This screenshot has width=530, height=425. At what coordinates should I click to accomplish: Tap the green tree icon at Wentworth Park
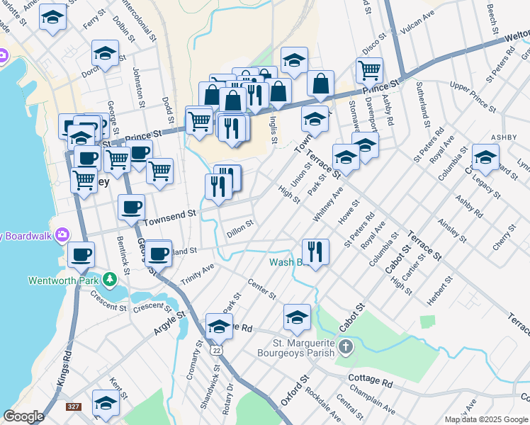(x=110, y=279)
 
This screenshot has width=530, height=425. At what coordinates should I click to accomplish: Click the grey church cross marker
(x=345, y=346)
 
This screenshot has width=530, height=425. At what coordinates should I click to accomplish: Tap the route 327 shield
(x=73, y=407)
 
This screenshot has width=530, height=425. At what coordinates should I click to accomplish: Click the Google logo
(x=23, y=416)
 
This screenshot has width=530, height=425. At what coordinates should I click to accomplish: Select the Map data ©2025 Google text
(x=485, y=419)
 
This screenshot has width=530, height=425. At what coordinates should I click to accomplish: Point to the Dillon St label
(x=240, y=228)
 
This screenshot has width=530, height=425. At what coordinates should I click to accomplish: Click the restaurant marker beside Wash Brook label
(x=315, y=251)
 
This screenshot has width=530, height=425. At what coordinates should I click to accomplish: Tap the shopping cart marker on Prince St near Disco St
(x=369, y=69)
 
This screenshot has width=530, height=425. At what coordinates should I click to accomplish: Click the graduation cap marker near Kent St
(x=106, y=402)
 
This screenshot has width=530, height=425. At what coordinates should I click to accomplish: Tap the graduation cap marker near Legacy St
(x=485, y=157)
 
